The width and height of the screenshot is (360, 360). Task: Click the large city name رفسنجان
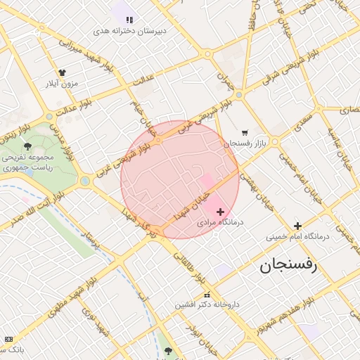289,265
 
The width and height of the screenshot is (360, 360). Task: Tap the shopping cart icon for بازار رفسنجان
245,132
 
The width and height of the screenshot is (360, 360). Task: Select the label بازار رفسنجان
247,143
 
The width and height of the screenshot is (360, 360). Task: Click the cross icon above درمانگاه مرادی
220,212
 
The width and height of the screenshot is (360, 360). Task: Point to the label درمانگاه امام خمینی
297,237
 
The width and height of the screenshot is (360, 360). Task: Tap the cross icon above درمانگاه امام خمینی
297,226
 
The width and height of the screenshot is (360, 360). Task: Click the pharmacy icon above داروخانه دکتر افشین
207,295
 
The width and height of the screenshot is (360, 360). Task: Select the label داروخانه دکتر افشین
207,305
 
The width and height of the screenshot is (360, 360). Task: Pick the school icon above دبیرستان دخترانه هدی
129,19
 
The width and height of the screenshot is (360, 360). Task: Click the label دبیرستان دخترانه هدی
130,31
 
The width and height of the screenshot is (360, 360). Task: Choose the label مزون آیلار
61,84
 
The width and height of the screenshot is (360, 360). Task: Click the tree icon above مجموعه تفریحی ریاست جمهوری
27,146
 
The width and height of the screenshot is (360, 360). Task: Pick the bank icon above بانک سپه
8,339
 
